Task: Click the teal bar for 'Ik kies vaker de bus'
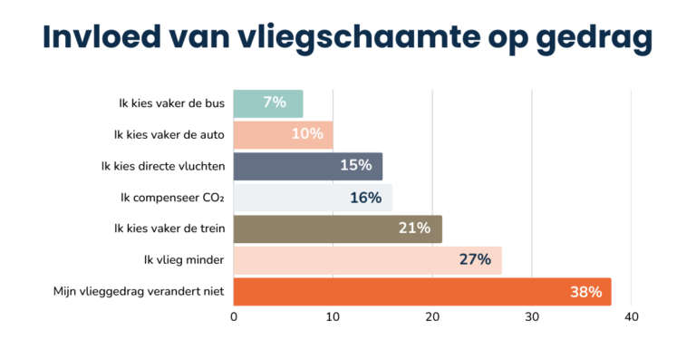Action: [x=267, y=103]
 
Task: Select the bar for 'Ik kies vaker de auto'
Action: [x=283, y=135]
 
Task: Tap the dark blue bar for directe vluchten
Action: [x=308, y=166]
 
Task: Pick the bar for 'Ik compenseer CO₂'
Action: [x=313, y=198]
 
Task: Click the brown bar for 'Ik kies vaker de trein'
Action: [x=337, y=229]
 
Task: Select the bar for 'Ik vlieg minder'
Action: [x=367, y=260]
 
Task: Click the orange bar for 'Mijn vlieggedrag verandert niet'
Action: [x=421, y=292]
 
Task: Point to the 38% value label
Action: [x=585, y=292]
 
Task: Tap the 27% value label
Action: [x=475, y=260]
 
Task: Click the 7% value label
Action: [x=275, y=103]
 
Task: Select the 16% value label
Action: [x=365, y=198]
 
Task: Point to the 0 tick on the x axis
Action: [x=234, y=317]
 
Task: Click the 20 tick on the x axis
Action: [x=432, y=317]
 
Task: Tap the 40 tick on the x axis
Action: [x=632, y=317]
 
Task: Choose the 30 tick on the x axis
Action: [x=532, y=317]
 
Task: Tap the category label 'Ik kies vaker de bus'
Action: [x=171, y=103]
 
